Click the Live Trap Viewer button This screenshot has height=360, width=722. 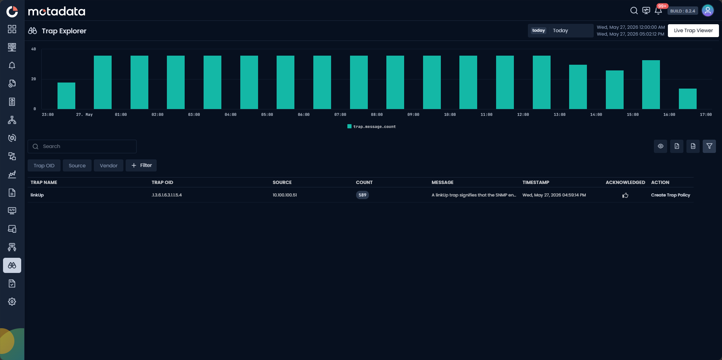pyautogui.click(x=693, y=31)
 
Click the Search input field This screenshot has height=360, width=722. pyautogui.click(x=82, y=146)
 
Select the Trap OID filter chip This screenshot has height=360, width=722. pyautogui.click(x=44, y=165)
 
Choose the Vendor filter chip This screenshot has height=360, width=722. pyautogui.click(x=109, y=165)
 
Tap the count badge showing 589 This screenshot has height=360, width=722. pyautogui.click(x=363, y=195)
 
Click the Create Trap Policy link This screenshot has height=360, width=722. pyautogui.click(x=671, y=195)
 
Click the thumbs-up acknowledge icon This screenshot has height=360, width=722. pyautogui.click(x=625, y=195)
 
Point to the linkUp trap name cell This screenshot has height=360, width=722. pyautogui.click(x=37, y=195)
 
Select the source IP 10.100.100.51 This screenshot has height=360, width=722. pyautogui.click(x=285, y=195)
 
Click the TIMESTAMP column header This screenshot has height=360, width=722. pyautogui.click(x=536, y=182)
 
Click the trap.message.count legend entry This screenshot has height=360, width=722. pyautogui.click(x=372, y=126)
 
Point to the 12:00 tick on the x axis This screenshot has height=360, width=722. pyautogui.click(x=523, y=115)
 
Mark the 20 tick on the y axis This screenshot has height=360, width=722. pyautogui.click(x=34, y=79)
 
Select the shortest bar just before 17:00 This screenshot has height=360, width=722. pyautogui.click(x=688, y=99)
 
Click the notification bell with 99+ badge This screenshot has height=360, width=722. pyautogui.click(x=658, y=11)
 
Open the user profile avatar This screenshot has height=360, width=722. pyautogui.click(x=708, y=11)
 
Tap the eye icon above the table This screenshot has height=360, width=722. pyautogui.click(x=660, y=146)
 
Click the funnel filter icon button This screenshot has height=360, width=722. pyautogui.click(x=709, y=146)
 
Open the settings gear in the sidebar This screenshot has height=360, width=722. pyautogui.click(x=12, y=302)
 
